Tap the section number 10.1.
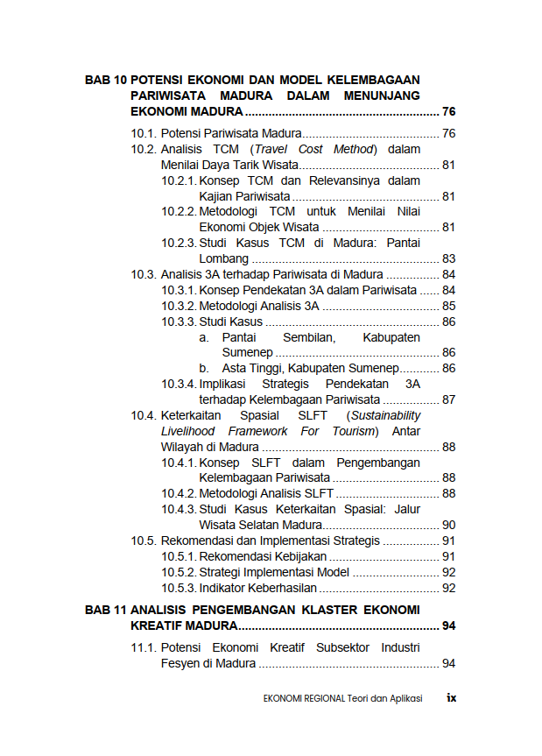pyautogui.click(x=144, y=133)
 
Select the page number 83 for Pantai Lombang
pyautogui.click(x=448, y=258)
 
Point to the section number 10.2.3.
pyautogui.click(x=179, y=243)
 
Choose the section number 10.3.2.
pyautogui.click(x=179, y=306)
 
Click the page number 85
pyautogui.click(x=448, y=306)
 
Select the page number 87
pyautogui.click(x=448, y=399)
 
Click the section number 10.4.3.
pyautogui.click(x=179, y=509)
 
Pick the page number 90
pyautogui.click(x=448, y=525)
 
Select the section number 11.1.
pyautogui.click(x=144, y=647)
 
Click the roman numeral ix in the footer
pyautogui.click(x=452, y=698)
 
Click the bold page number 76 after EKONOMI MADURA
pyautogui.click(x=448, y=111)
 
